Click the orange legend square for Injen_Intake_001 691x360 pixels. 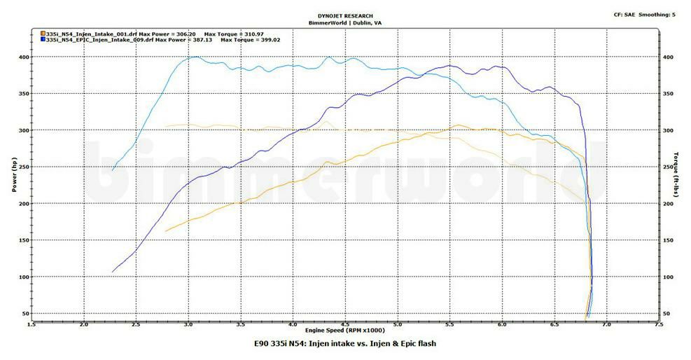coord(43,34)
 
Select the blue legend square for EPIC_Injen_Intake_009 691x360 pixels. coord(43,40)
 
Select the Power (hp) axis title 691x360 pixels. coord(14,176)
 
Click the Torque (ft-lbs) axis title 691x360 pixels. coord(676,175)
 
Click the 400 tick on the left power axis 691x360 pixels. coord(24,57)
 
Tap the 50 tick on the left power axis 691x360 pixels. coord(25,313)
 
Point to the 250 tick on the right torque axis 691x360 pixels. coord(669,167)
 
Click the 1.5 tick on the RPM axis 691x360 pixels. coord(32,324)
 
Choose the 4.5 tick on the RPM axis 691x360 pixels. coord(345,324)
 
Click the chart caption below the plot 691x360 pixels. coord(344,343)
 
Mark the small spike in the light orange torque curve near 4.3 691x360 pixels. coord(326,122)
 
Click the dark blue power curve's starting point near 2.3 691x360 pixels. coord(113,272)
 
